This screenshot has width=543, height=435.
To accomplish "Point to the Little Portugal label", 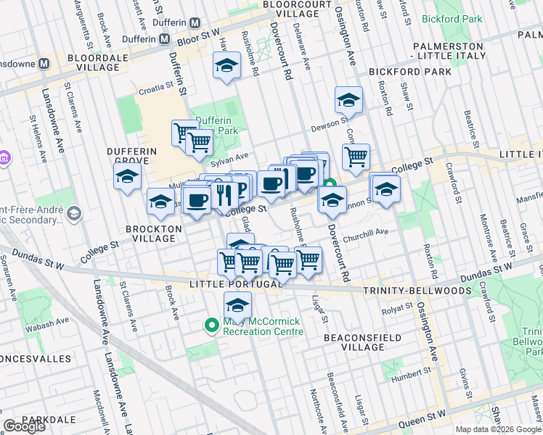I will click(x=234, y=283).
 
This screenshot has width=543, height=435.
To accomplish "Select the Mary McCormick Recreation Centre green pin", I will click(x=212, y=326).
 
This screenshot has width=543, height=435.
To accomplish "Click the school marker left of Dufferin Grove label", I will click(x=128, y=177).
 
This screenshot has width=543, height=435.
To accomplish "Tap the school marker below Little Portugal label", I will click(x=237, y=306).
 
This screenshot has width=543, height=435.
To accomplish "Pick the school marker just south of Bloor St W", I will click(x=226, y=65).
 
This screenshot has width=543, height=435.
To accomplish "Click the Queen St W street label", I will click(x=425, y=415).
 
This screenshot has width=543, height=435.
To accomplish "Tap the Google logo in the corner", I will click(x=24, y=426).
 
